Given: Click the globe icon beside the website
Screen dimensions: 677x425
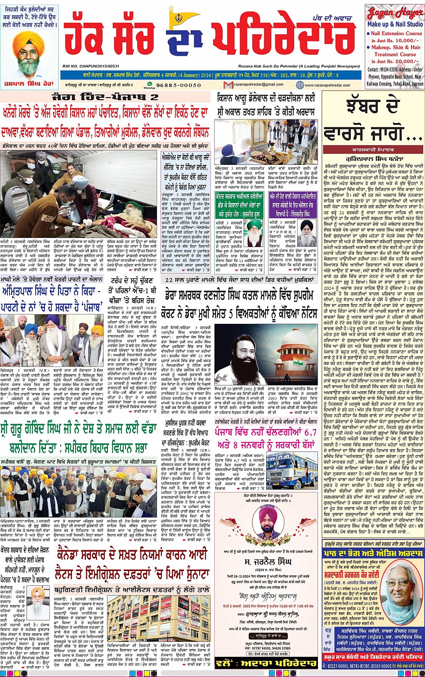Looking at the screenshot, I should point(300,85).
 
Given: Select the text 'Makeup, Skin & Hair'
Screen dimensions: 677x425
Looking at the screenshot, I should point(396,47).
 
